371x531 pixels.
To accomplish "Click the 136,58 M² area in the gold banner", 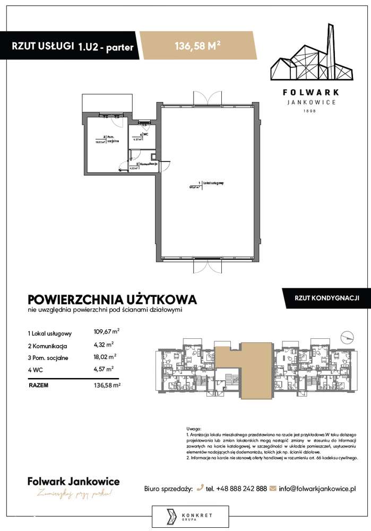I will pyautogui.click(x=198, y=46).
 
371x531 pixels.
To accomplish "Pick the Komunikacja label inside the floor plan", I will pyautogui.click(x=148, y=165).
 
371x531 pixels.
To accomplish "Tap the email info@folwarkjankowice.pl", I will pyautogui.click(x=317, y=487).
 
